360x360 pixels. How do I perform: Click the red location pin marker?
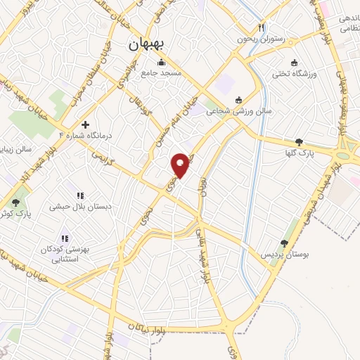[181, 165]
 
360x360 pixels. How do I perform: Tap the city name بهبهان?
[146, 43]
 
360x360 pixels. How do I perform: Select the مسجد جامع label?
[161, 72]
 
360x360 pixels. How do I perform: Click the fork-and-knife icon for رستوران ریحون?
[261, 28]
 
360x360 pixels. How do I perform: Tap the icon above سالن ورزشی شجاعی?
[239, 99]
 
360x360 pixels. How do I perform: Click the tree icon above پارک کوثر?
[15, 202]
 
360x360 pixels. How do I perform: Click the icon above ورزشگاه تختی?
[295, 62]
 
